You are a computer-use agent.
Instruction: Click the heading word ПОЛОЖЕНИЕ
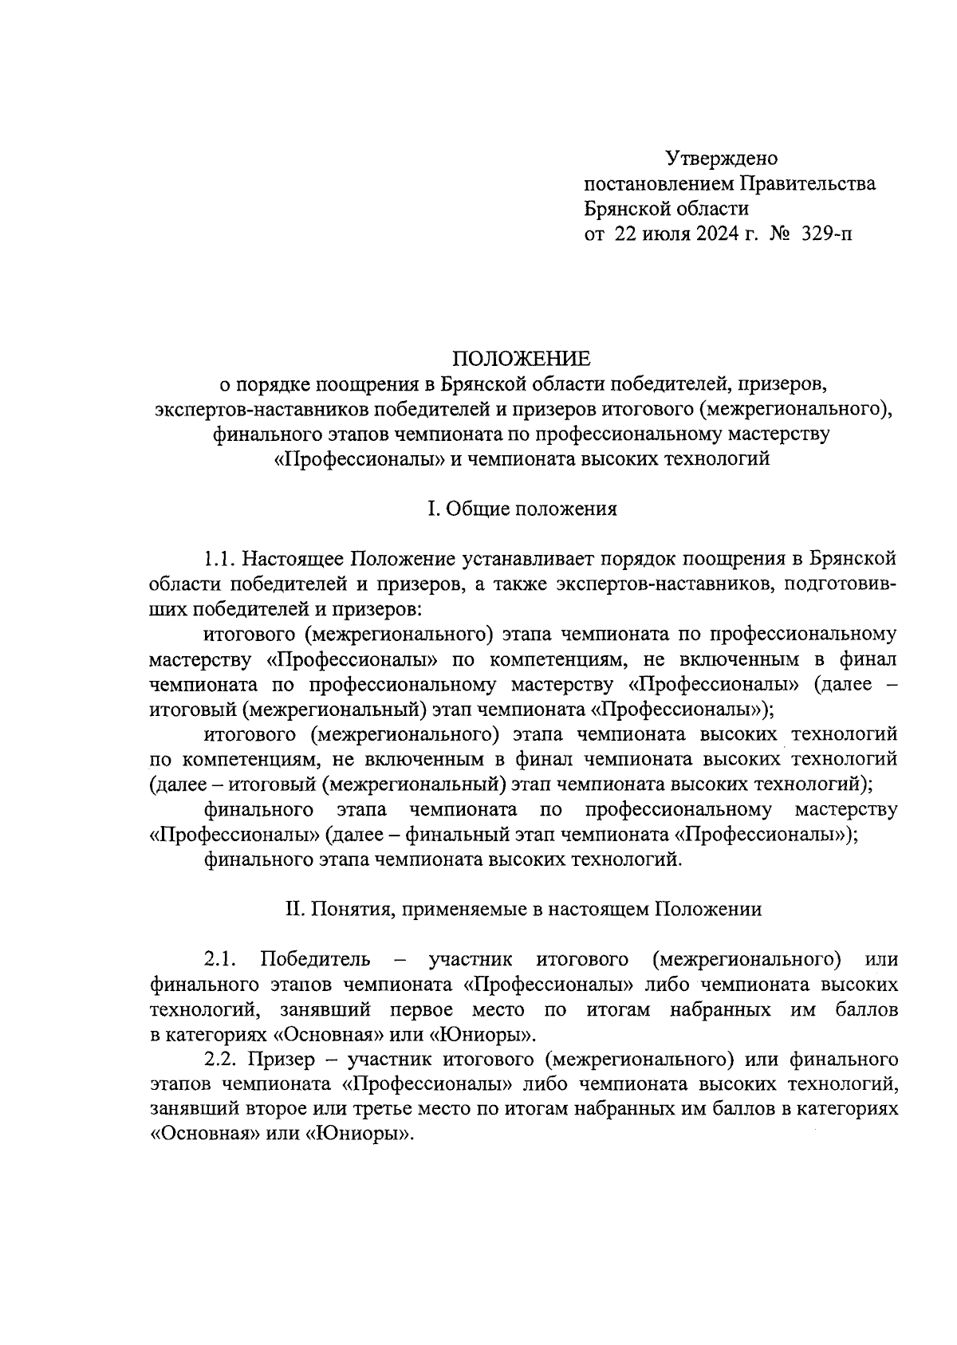522,358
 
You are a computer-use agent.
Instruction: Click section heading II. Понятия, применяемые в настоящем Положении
523,909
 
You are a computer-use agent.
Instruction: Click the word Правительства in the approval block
808,184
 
